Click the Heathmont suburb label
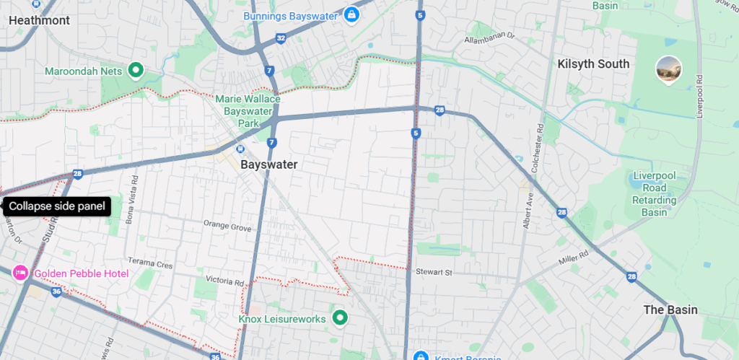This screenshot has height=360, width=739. [x=39, y=20]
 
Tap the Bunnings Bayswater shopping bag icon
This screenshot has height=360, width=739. [x=351, y=14]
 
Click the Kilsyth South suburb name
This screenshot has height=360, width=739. [x=593, y=63]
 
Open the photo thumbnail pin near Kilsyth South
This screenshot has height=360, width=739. [x=669, y=69]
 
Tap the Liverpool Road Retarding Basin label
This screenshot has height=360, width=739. [x=654, y=194]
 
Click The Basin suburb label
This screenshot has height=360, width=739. [x=670, y=309]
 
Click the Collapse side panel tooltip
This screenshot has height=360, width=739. [x=58, y=206]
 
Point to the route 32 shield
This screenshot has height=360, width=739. [x=281, y=37]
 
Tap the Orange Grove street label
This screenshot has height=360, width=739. [x=227, y=227]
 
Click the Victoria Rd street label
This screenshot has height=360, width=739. [x=225, y=281]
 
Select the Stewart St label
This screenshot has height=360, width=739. [x=433, y=273]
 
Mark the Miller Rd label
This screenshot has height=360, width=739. [x=573, y=254]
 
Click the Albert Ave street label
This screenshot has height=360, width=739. [x=528, y=208]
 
